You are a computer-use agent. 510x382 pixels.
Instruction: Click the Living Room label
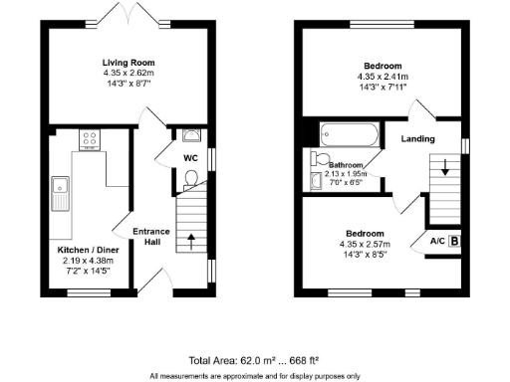click(x=134, y=63)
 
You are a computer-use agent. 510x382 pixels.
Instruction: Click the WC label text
click(x=191, y=157)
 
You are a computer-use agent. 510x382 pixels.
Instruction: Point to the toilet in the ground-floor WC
click(x=191, y=178)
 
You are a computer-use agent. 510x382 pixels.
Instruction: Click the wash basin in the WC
click(x=191, y=136)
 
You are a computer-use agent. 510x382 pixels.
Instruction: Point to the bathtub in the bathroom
click(x=347, y=133)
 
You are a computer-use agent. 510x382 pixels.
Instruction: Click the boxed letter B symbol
click(x=455, y=240)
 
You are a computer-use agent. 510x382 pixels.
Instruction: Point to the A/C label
click(x=436, y=241)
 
